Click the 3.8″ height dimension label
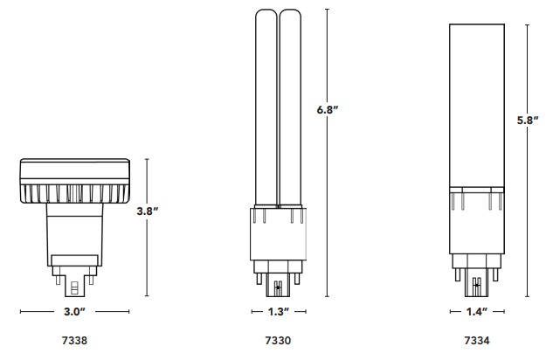tap(148, 211)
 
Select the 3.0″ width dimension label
tap(74, 312)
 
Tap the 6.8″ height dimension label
tap(328, 109)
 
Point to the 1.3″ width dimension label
tap(279, 312)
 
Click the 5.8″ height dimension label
tap(528, 121)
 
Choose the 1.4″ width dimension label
tap(477, 312)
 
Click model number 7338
tap(74, 341)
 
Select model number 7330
tap(279, 341)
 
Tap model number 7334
tap(477, 341)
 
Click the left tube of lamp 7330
tap(266, 107)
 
